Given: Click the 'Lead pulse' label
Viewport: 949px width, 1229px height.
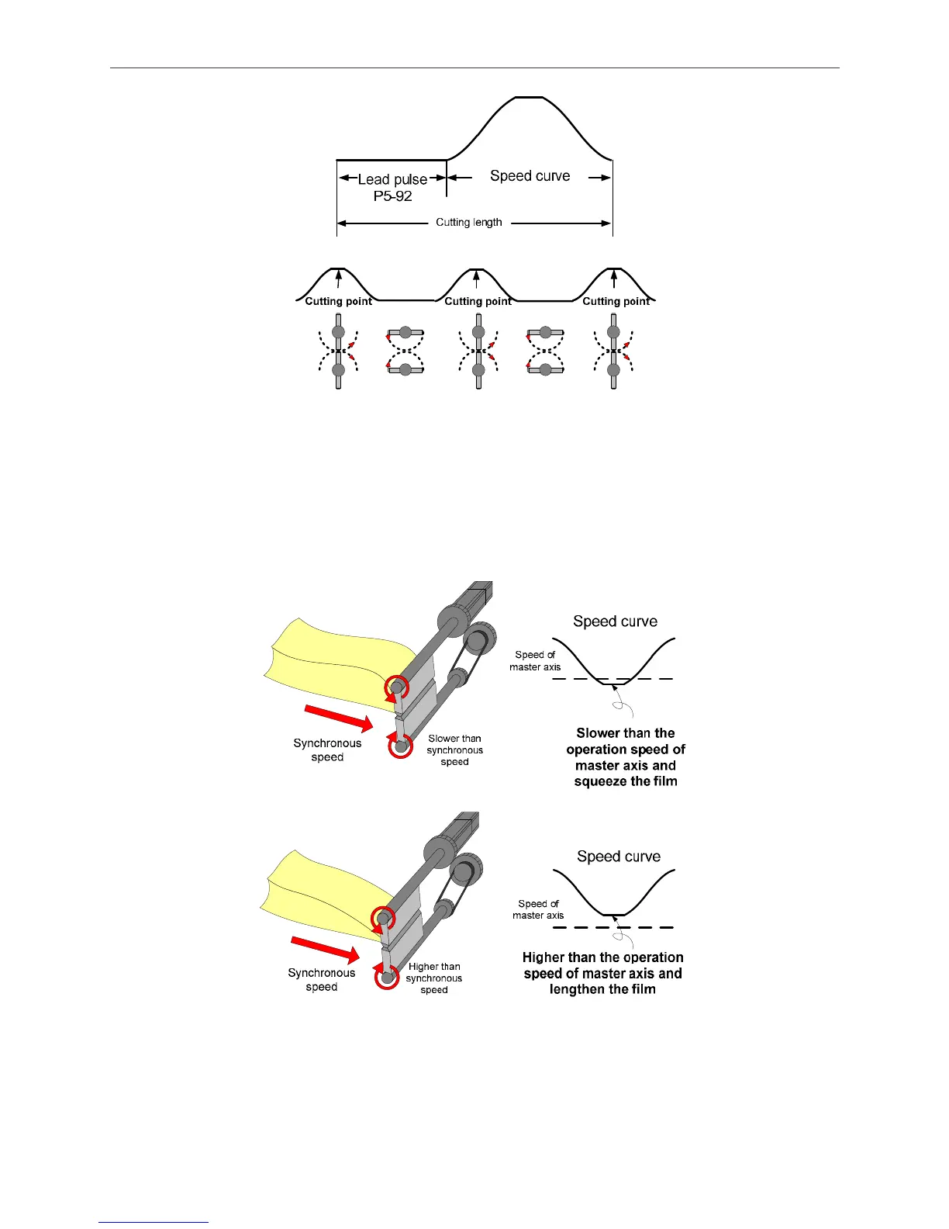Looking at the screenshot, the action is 392,179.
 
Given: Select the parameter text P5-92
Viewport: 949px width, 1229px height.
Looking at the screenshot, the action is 392,196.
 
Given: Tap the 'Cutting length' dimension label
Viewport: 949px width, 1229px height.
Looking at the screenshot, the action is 468,223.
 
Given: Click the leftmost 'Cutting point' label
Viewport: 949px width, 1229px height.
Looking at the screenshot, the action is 338,301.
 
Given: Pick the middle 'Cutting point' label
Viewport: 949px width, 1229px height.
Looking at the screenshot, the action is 478,301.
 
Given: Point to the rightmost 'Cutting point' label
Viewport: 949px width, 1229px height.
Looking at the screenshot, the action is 616,301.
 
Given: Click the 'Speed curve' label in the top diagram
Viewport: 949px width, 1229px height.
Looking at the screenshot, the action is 530,176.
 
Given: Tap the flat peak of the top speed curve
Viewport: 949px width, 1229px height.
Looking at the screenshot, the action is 529,98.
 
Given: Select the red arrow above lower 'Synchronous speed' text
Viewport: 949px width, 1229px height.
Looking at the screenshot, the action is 325,950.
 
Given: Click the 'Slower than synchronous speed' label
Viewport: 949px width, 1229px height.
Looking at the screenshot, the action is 454,750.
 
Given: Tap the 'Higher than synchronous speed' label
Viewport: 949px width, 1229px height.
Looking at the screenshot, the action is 434,978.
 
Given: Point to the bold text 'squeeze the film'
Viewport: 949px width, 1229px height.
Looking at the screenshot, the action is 626,781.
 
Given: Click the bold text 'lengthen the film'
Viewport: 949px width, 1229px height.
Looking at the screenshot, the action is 602,989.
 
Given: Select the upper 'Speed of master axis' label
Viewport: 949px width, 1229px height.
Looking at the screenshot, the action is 535,661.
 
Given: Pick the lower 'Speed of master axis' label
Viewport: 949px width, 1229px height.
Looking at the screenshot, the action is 538,909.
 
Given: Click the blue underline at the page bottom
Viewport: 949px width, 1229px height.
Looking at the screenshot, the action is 154,1222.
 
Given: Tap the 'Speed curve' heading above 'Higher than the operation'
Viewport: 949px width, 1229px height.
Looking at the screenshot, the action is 619,857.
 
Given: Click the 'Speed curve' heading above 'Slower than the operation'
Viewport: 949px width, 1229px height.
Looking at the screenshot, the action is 615,621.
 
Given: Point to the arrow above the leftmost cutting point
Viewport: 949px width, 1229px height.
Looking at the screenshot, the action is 338,278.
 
